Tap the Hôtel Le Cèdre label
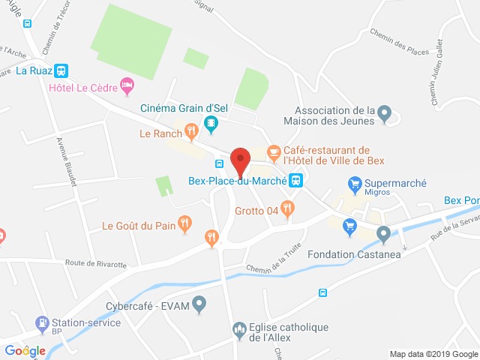coord(83,88)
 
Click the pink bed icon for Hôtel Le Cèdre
coord(128,87)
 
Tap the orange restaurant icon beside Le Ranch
coord(191,133)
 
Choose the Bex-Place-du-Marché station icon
coord(296,180)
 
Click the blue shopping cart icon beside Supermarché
coord(355,183)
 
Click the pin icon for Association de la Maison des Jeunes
coord(384,115)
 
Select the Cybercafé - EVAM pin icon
coord(199,304)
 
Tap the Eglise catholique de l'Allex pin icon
coord(239,328)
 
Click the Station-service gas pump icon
coord(42,323)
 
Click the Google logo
coord(25,350)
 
